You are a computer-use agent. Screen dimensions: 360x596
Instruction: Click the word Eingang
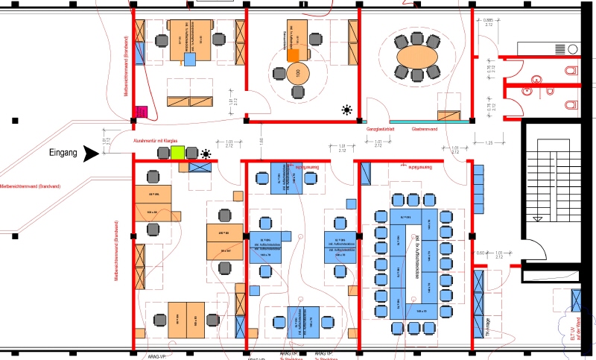pos(63,154)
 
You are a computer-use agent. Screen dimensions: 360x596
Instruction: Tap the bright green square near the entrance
pos(177,153)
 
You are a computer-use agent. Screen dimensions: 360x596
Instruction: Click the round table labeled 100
pos(298,73)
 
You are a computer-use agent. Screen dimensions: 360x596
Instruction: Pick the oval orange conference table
pos(417,56)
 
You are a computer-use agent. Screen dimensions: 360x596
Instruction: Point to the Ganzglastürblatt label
pos(384,129)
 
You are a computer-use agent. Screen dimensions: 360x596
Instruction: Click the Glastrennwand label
pos(425,129)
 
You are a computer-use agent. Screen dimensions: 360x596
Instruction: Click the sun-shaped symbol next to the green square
pos(205,154)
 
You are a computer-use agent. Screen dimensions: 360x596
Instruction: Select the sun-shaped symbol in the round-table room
pos(346,110)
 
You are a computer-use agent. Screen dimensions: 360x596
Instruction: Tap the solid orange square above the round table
pos(293,54)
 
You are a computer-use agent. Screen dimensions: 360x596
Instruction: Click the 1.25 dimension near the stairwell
pos(489,142)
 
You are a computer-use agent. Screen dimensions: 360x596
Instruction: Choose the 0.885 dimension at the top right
pos(489,20)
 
